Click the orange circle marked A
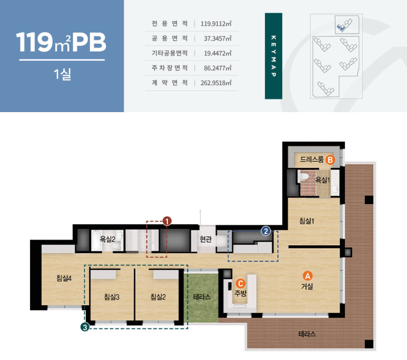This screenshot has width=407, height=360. coord(307,276)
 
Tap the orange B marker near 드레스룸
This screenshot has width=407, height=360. coord(330,159)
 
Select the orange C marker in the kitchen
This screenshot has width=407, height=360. coord(241,284)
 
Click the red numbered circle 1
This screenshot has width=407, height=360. coord(167,222)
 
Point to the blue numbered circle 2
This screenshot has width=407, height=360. coord(266,231)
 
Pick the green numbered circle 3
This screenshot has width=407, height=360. coord(85,327)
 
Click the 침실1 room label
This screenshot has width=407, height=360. coord(307,221)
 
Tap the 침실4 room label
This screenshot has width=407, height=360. coord(64,278)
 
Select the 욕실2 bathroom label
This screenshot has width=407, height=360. coord(107,239)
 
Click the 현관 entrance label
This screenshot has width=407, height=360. coord(206,239)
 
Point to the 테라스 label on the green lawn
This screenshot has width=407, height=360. coord(202,297)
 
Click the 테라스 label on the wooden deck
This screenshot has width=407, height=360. coord(307,334)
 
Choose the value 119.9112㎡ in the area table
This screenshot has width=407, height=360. coord(216,24)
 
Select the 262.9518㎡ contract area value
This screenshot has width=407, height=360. coord(216,83)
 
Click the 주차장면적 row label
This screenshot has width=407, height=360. coord(170,68)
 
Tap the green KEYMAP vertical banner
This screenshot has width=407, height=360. coord(274,56)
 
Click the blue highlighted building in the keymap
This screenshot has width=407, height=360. coord(341,27)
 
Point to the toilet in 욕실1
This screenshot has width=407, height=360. coord(303,176)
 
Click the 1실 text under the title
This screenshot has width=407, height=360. coord(62,74)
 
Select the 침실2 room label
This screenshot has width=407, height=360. coord(158,297)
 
